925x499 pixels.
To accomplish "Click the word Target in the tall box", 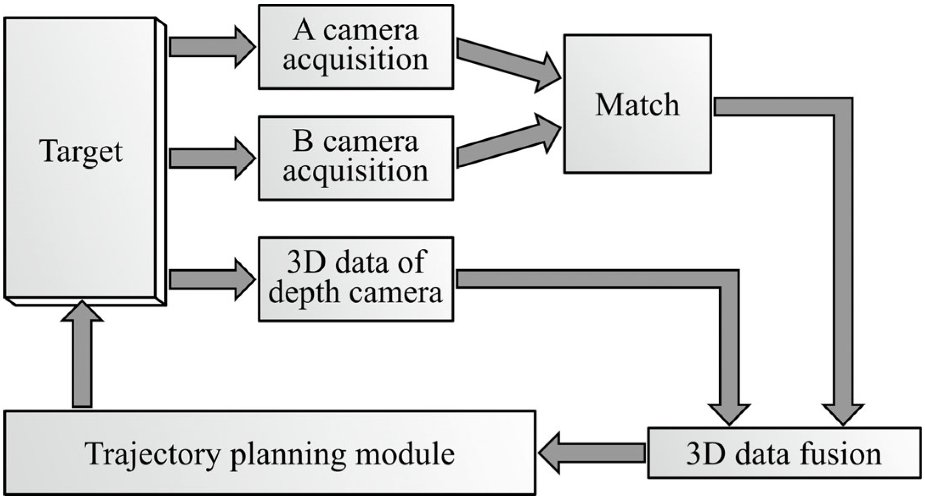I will [x=81, y=151].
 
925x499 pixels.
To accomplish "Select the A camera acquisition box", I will [x=356, y=47].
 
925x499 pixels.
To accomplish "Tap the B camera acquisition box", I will [x=356, y=158].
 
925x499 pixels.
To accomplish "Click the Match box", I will [x=637, y=104].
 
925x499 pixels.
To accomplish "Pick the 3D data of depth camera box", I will [x=356, y=279].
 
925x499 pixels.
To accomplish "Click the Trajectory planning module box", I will [x=270, y=453].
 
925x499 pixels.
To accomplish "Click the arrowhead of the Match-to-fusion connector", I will [x=843, y=413].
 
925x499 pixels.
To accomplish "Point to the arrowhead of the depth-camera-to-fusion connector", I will [x=729, y=413].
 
